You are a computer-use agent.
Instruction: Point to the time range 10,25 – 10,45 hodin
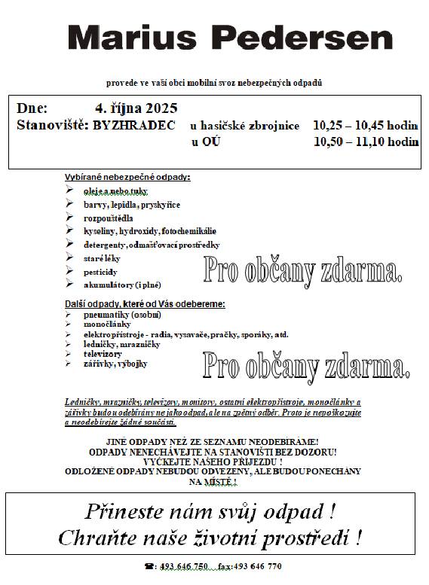[366, 125]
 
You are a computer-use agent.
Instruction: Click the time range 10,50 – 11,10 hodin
[366, 141]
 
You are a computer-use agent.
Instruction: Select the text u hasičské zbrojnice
[245, 125]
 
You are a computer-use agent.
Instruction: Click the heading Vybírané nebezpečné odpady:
[127, 178]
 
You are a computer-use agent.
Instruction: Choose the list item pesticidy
[101, 272]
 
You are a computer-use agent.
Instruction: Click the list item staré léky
[102, 258]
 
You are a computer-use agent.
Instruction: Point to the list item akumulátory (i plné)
[122, 285]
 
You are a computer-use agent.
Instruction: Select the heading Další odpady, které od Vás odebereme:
[145, 304]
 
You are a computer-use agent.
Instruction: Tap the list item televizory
[103, 354]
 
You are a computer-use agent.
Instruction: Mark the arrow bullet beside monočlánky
[69, 324]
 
